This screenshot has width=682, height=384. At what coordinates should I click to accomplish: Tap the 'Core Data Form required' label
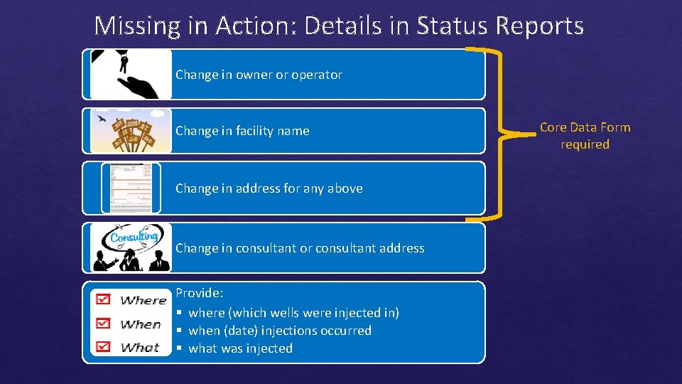pyautogui.click(x=585, y=135)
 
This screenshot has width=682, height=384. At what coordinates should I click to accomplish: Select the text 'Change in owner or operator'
pyautogui.click(x=259, y=75)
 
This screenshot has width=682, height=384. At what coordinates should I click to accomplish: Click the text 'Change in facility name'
pyautogui.click(x=242, y=131)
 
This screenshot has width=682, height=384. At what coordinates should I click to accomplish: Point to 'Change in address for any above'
pyautogui.click(x=269, y=188)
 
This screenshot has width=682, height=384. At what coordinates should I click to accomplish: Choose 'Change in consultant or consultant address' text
pyautogui.click(x=300, y=248)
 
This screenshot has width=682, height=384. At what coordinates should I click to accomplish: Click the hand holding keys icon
pyautogui.click(x=132, y=74)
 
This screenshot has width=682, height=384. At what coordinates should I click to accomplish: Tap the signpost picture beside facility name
pyautogui.click(x=131, y=131)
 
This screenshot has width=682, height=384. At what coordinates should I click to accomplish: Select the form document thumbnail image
pyautogui.click(x=131, y=188)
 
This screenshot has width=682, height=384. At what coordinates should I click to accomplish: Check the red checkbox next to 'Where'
pyautogui.click(x=104, y=299)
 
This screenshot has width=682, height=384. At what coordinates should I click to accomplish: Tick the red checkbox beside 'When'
pyautogui.click(x=104, y=323)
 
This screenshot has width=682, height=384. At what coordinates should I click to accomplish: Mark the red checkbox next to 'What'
pyautogui.click(x=104, y=346)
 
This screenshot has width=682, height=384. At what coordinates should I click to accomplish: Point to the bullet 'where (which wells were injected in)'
pyautogui.click(x=293, y=313)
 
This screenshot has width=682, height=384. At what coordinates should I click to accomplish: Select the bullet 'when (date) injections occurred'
pyautogui.click(x=280, y=331)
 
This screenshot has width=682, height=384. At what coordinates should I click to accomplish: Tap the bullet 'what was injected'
pyautogui.click(x=240, y=348)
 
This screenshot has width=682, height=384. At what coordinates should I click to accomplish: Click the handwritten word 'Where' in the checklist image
pyautogui.click(x=143, y=300)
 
